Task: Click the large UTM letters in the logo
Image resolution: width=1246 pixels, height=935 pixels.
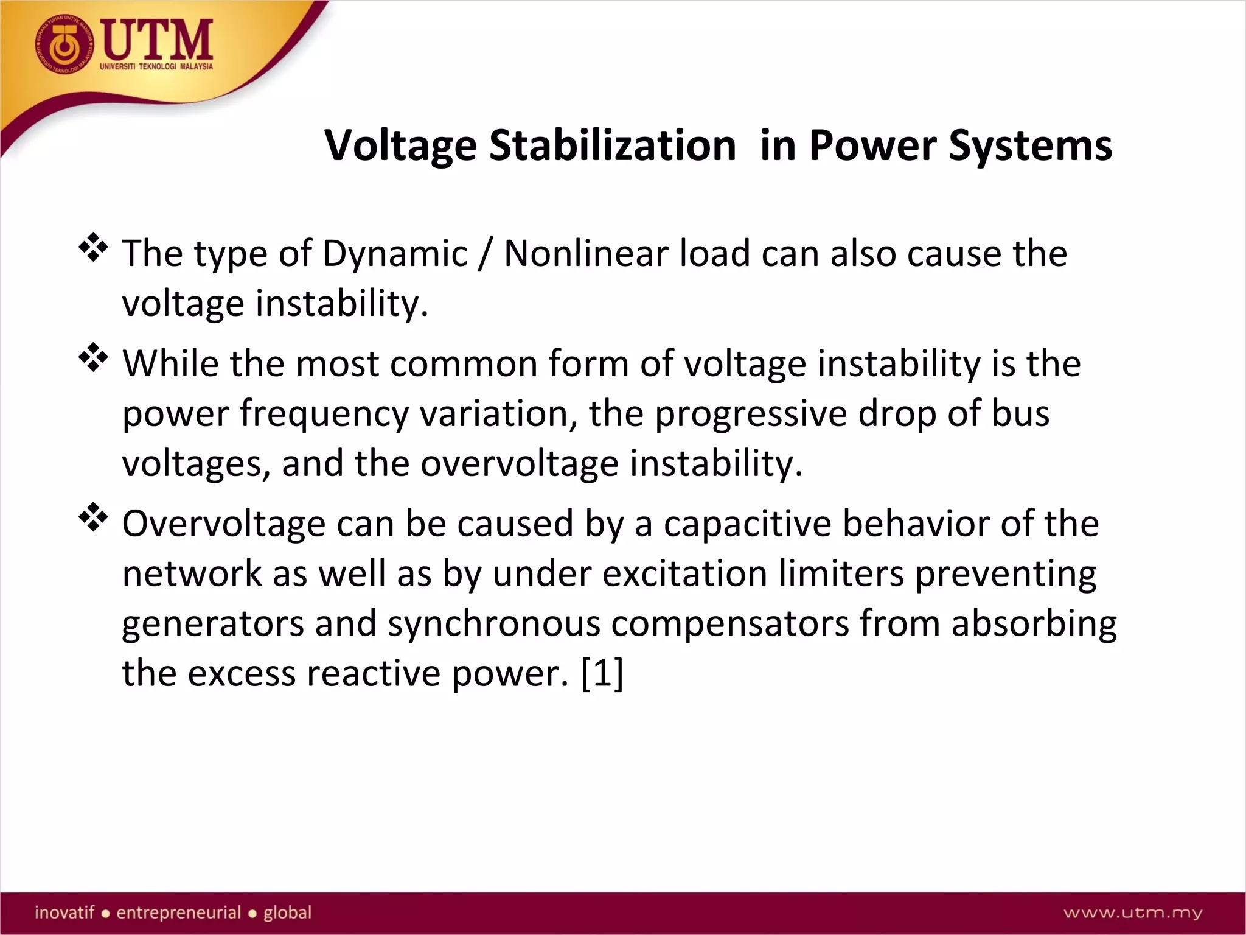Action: pyautogui.click(x=157, y=40)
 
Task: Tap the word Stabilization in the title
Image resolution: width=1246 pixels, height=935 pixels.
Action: pyautogui.click(x=613, y=146)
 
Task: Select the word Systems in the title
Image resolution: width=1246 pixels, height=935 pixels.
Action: pyautogui.click(x=1031, y=146)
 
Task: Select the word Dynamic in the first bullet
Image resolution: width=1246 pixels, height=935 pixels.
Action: pyautogui.click(x=395, y=253)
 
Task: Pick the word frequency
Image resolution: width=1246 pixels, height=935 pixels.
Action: pyautogui.click(x=324, y=414)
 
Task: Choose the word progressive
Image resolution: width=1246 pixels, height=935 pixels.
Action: pyautogui.click(x=750, y=414)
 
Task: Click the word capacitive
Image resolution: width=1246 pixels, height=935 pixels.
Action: pyautogui.click(x=747, y=524)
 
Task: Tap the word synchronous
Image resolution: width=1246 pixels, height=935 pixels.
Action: pyautogui.click(x=494, y=624)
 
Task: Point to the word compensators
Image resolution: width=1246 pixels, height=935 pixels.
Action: pyautogui.click(x=729, y=624)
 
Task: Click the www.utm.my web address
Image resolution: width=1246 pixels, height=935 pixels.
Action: pyautogui.click(x=1133, y=912)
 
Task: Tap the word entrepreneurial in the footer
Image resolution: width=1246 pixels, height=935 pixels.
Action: pyautogui.click(x=179, y=912)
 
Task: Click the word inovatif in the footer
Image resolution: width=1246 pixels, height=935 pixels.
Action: pyautogui.click(x=64, y=912)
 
